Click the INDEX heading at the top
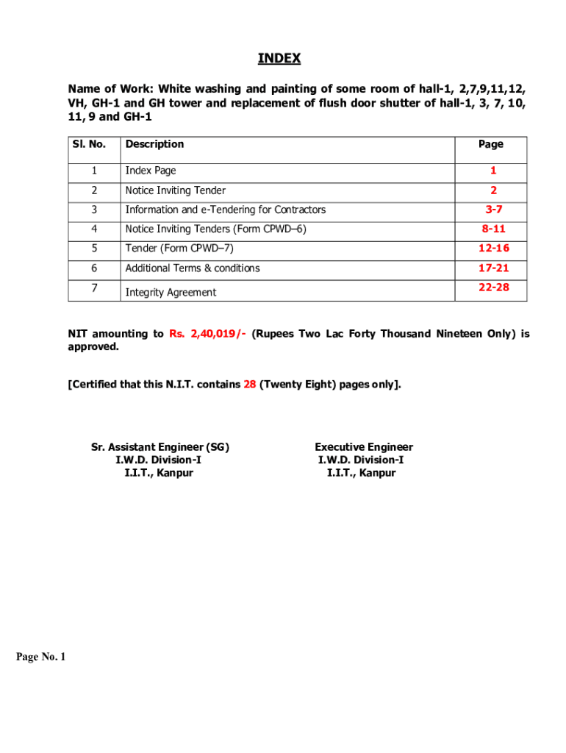[x=279, y=59]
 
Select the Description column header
[x=154, y=144]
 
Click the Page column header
[x=490, y=144]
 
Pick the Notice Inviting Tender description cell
[x=175, y=190]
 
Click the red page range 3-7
[x=493, y=210]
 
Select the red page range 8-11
[x=493, y=229]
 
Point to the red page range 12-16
[x=493, y=249]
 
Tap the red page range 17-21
[x=493, y=268]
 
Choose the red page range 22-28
[x=493, y=287]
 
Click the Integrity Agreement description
[x=171, y=293]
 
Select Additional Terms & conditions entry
[x=193, y=268]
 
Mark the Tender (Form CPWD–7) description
[x=179, y=249]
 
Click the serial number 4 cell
[x=94, y=229]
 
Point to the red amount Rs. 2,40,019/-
[x=207, y=334]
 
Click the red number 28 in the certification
[x=249, y=384]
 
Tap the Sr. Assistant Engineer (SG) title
[x=160, y=447]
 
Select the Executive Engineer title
[x=364, y=447]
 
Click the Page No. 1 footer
[x=41, y=657]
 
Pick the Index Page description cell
[x=151, y=171]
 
